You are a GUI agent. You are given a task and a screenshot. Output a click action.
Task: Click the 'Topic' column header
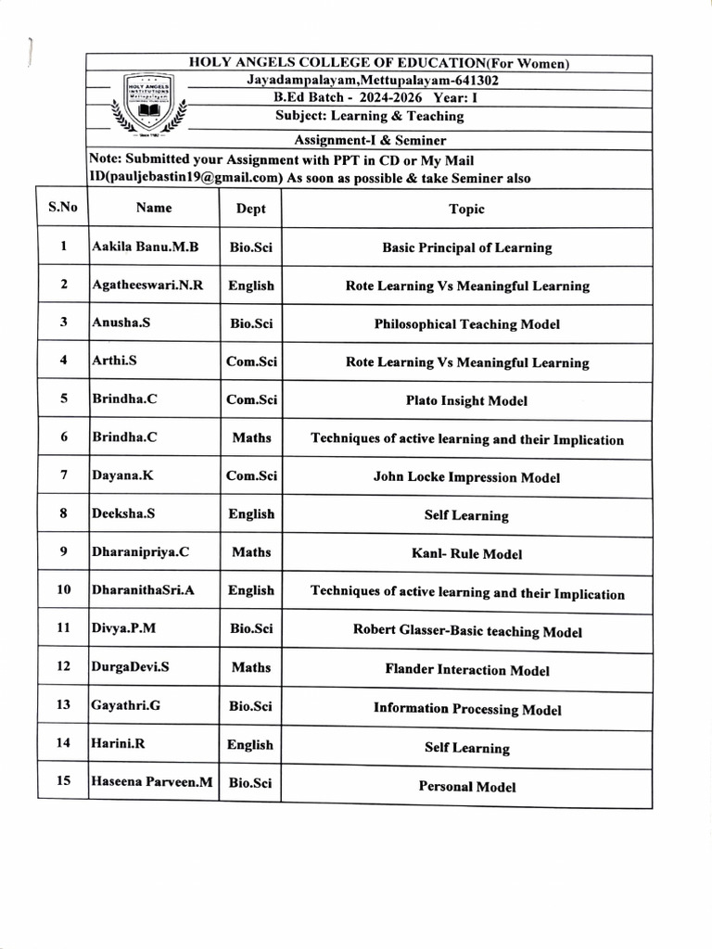point(466,209)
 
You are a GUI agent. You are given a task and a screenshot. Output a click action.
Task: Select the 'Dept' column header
point(250,209)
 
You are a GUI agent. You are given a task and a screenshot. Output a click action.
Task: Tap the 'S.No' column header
point(62,208)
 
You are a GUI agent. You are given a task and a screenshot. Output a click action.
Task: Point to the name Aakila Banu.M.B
point(146,247)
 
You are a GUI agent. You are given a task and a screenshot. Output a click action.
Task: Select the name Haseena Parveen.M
point(152,782)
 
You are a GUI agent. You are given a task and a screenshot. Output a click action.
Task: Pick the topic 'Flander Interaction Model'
point(467,670)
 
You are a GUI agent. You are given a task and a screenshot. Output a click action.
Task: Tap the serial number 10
point(63,589)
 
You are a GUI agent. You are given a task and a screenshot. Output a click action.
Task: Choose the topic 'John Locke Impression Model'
point(466,478)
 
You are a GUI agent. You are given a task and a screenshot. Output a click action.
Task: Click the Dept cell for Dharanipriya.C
point(251,552)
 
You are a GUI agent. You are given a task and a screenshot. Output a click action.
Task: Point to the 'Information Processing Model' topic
point(467,709)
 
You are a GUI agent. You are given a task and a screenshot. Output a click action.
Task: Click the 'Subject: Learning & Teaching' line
point(369,116)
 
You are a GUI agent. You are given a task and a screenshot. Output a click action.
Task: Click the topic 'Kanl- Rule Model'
point(466,554)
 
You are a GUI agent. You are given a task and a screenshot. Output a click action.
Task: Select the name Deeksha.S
point(124,513)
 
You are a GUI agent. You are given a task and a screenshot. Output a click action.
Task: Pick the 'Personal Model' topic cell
point(467,787)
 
